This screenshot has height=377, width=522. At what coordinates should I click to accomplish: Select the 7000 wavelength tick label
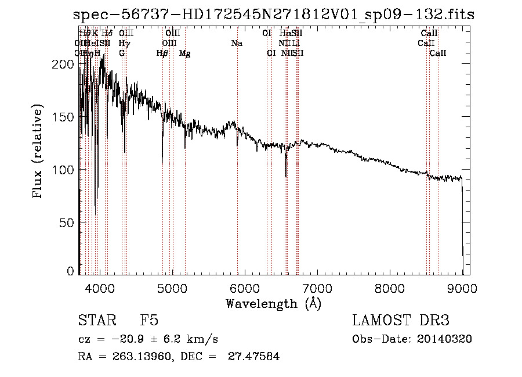pyautogui.click(x=317, y=288)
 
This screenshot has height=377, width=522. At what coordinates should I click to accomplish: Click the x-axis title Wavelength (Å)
pyautogui.click(x=273, y=303)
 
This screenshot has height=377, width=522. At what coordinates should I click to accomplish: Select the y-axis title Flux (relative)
pyautogui.click(x=38, y=152)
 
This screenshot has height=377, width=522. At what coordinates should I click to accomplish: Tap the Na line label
pyautogui.click(x=237, y=44)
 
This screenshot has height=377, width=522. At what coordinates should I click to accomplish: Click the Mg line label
pyautogui.click(x=184, y=53)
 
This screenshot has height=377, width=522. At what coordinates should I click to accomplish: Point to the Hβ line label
pyautogui.click(x=162, y=53)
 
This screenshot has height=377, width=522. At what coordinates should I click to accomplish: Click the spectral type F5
pyautogui.click(x=149, y=321)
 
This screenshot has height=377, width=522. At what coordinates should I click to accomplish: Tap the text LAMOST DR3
pyautogui.click(x=400, y=321)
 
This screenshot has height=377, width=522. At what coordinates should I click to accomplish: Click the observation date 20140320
pyautogui.click(x=444, y=339)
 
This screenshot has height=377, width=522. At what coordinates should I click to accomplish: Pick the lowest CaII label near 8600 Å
pyautogui.click(x=438, y=53)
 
